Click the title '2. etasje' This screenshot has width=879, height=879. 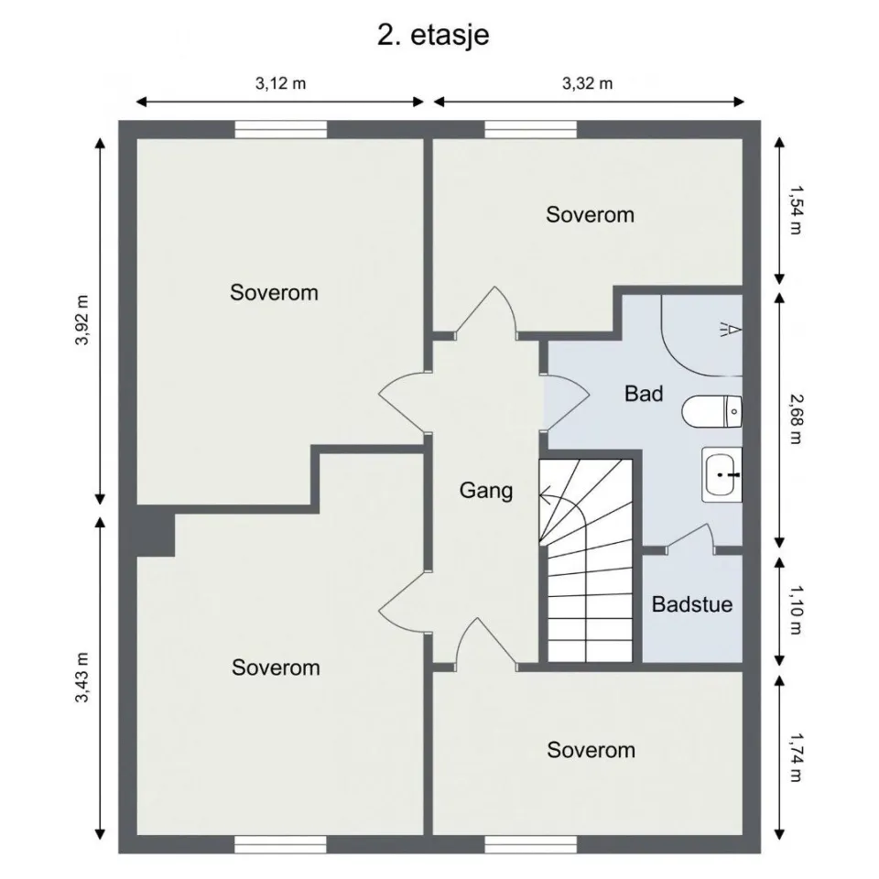pyautogui.click(x=433, y=35)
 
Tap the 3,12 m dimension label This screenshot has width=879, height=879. pyautogui.click(x=280, y=83)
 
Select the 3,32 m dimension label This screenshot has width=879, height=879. pyautogui.click(x=587, y=83)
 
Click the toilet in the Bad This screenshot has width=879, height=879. pyautogui.click(x=712, y=412)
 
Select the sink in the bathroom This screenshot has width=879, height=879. pyautogui.click(x=722, y=474)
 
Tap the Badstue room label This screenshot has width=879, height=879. pyautogui.click(x=692, y=604)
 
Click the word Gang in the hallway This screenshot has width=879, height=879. pyautogui.click(x=485, y=490)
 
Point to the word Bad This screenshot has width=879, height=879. pyautogui.click(x=644, y=394)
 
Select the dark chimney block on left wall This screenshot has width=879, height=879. pyautogui.click(x=155, y=533)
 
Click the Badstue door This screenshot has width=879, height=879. pyautogui.click(x=690, y=540)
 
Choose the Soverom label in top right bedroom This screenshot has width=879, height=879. pyautogui.click(x=590, y=215)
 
